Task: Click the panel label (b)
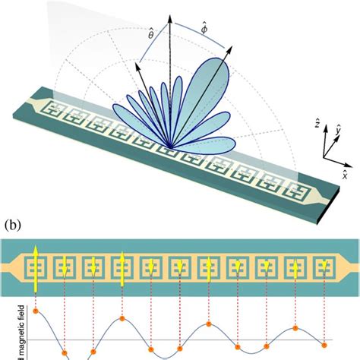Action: (11, 225)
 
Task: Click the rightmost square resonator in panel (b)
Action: (324, 267)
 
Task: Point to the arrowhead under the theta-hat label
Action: (138, 66)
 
